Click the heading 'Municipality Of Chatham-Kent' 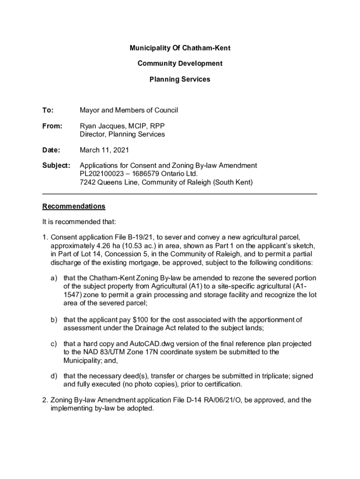[180, 48]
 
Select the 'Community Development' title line [180, 64]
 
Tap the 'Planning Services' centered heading [180, 80]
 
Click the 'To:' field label [48, 110]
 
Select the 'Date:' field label [51, 150]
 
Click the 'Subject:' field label [56, 166]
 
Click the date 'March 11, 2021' [104, 150]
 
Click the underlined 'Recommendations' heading [74, 206]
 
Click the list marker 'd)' [54, 376]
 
